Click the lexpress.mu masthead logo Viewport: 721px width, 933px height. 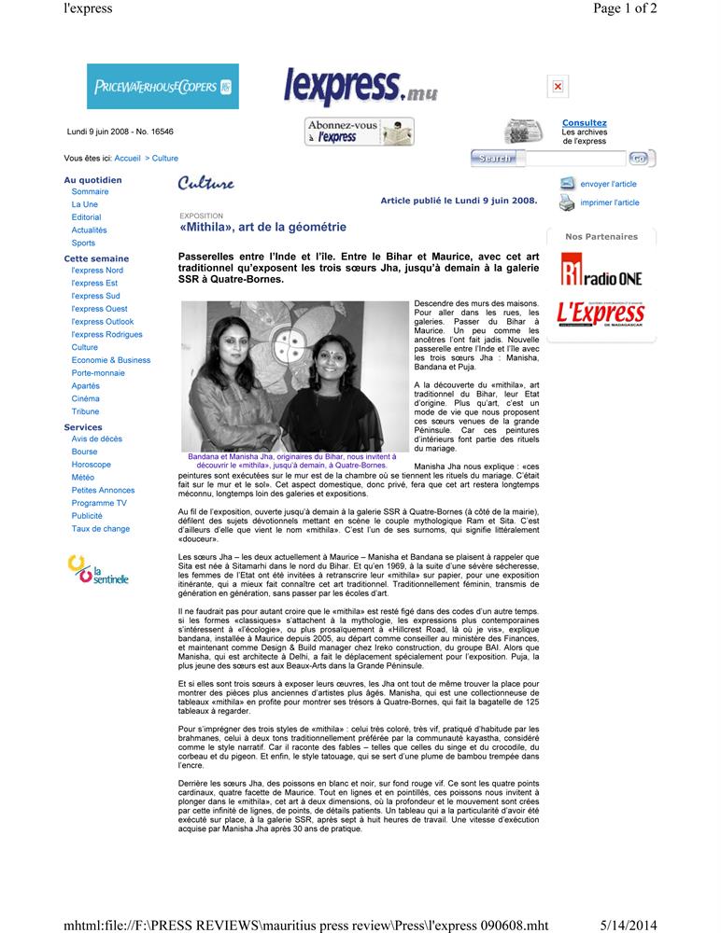360,88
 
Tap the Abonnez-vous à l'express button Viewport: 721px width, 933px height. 360,132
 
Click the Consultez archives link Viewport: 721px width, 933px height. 584,123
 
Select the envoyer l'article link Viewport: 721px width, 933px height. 608,185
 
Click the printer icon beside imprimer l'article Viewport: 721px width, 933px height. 567,202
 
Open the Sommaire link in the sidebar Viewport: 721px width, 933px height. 90,191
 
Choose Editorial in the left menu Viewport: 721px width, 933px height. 86,217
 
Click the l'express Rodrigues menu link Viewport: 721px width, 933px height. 106,334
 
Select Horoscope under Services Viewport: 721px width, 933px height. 91,465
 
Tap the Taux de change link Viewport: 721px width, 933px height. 100,529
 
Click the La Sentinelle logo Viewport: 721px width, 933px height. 97,569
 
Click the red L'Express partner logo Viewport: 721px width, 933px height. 601,313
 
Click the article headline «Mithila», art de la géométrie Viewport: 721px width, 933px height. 262,228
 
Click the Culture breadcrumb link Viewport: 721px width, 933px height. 164,159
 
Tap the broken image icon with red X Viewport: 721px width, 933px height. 558,87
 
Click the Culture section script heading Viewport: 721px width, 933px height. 205,183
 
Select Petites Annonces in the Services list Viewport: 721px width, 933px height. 103,490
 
